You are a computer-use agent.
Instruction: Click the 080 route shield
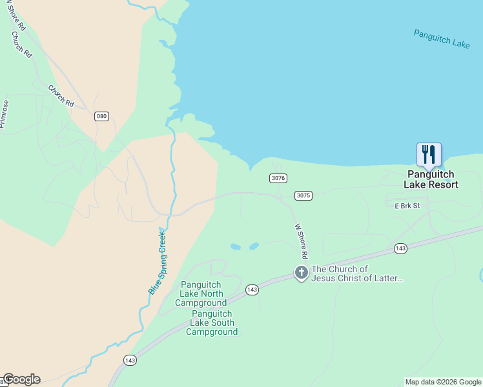pyautogui.click(x=101, y=116)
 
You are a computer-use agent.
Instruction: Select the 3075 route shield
pyautogui.click(x=303, y=195)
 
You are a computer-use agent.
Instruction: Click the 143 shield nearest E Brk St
pyautogui.click(x=400, y=248)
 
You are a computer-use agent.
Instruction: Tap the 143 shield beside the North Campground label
pyautogui.click(x=252, y=290)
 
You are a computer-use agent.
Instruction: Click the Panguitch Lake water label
pyautogui.click(x=442, y=39)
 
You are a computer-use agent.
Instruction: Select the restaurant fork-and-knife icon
pyautogui.click(x=429, y=155)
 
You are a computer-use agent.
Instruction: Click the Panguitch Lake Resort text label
pyautogui.click(x=431, y=179)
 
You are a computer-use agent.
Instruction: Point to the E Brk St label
pyautogui.click(x=407, y=206)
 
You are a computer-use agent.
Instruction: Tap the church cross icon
pyautogui.click(x=301, y=273)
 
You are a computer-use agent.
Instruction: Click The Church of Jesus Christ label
pyautogui.click(x=357, y=273)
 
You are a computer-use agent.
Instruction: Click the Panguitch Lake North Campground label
pyautogui.click(x=203, y=293)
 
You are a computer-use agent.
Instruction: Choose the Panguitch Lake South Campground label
pyautogui.click(x=212, y=322)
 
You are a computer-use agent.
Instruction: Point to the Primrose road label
pyautogui.click(x=5, y=114)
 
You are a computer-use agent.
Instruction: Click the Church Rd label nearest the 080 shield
pyautogui.click(x=61, y=96)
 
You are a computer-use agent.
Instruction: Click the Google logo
pyautogui.click(x=21, y=379)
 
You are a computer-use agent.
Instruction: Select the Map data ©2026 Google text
pyautogui.click(x=443, y=382)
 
